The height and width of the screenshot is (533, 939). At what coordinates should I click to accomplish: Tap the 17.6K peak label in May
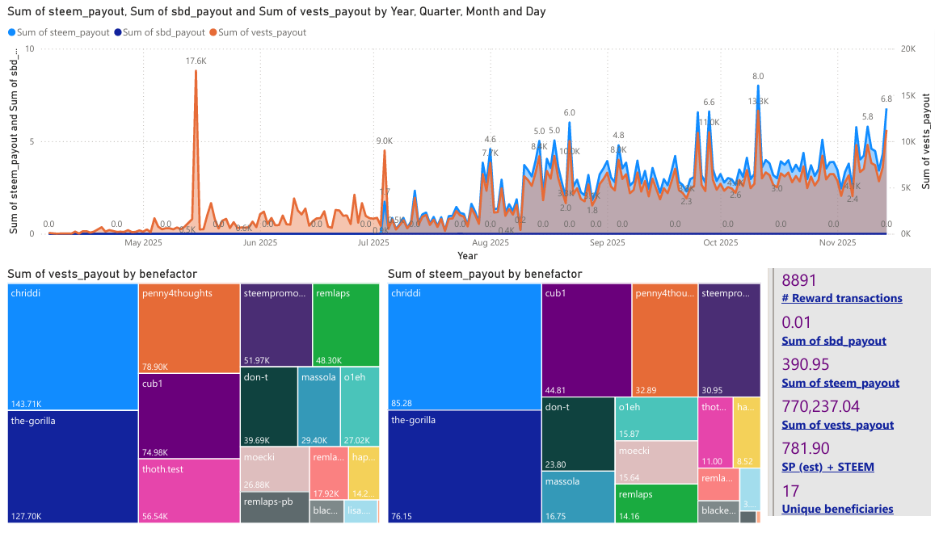[x=196, y=61]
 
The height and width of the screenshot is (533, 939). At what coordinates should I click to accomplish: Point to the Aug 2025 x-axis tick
[x=491, y=242]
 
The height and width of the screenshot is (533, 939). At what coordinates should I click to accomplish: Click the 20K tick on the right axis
[x=907, y=48]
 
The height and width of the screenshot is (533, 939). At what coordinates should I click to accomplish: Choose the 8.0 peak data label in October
[x=758, y=76]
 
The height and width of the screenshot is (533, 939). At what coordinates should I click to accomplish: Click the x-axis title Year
[x=467, y=256]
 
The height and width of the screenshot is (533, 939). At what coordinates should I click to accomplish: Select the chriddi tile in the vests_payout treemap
[x=73, y=347]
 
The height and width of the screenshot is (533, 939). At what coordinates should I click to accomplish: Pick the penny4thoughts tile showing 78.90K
[x=189, y=328]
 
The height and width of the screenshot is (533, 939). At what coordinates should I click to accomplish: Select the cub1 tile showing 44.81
[x=586, y=340]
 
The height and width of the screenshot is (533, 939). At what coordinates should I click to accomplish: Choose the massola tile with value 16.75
[x=578, y=497]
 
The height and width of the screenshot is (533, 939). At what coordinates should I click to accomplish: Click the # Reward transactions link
[x=842, y=298]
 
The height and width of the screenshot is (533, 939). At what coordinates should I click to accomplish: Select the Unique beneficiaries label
[x=837, y=509]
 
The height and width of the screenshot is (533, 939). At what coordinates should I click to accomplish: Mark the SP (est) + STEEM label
[x=827, y=467]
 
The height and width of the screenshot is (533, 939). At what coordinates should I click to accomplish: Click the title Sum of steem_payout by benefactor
[x=485, y=275]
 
